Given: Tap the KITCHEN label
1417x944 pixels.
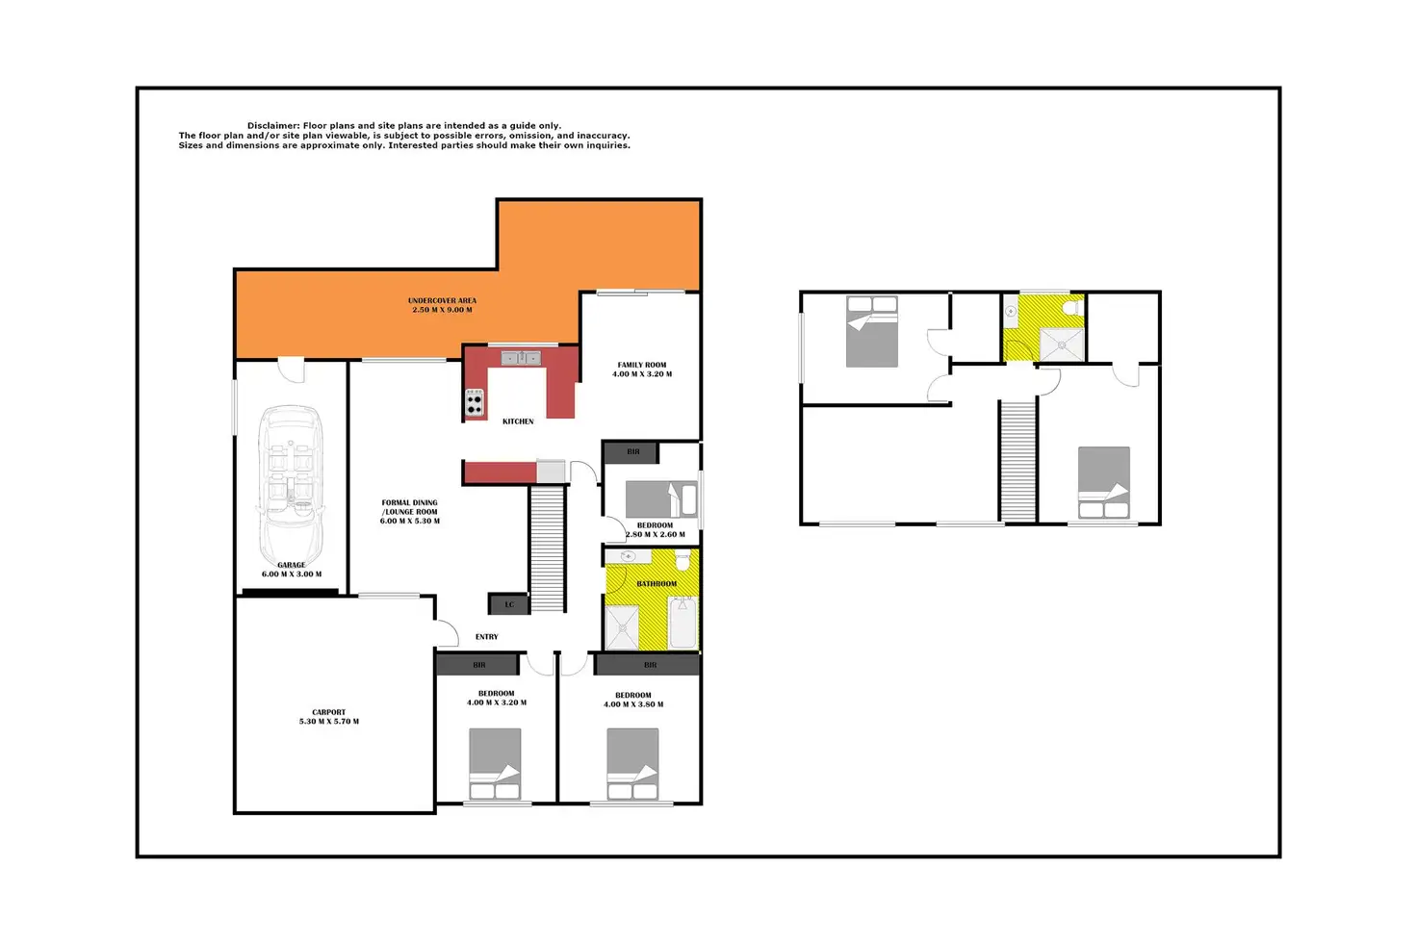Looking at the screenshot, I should tap(518, 421).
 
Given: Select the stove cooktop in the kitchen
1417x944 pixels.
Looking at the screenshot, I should tap(475, 403).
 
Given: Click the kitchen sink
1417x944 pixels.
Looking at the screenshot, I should tap(521, 358).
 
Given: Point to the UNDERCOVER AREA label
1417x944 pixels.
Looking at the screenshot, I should tap(442, 301).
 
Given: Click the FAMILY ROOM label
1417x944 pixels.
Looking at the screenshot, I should tap(642, 366).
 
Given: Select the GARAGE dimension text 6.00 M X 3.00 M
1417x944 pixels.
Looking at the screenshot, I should tap(292, 574).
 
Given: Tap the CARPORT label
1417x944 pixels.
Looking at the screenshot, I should tap(328, 712).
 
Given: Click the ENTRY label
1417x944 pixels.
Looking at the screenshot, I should tap(487, 637).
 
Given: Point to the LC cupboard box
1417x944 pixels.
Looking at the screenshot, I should tap(509, 604).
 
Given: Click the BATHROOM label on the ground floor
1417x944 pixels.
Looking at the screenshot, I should tap(657, 584).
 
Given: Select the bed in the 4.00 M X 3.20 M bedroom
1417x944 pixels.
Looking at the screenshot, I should tap(496, 763).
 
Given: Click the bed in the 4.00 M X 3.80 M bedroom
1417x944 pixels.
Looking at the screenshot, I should tap(632, 763).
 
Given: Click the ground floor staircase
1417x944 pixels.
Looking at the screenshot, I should tap(547, 549).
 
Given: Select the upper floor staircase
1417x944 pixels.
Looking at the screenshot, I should tap(1018, 460).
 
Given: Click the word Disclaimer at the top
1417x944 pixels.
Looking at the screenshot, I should tap(273, 126).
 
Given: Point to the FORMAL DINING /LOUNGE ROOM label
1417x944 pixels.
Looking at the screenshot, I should tap(410, 507).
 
